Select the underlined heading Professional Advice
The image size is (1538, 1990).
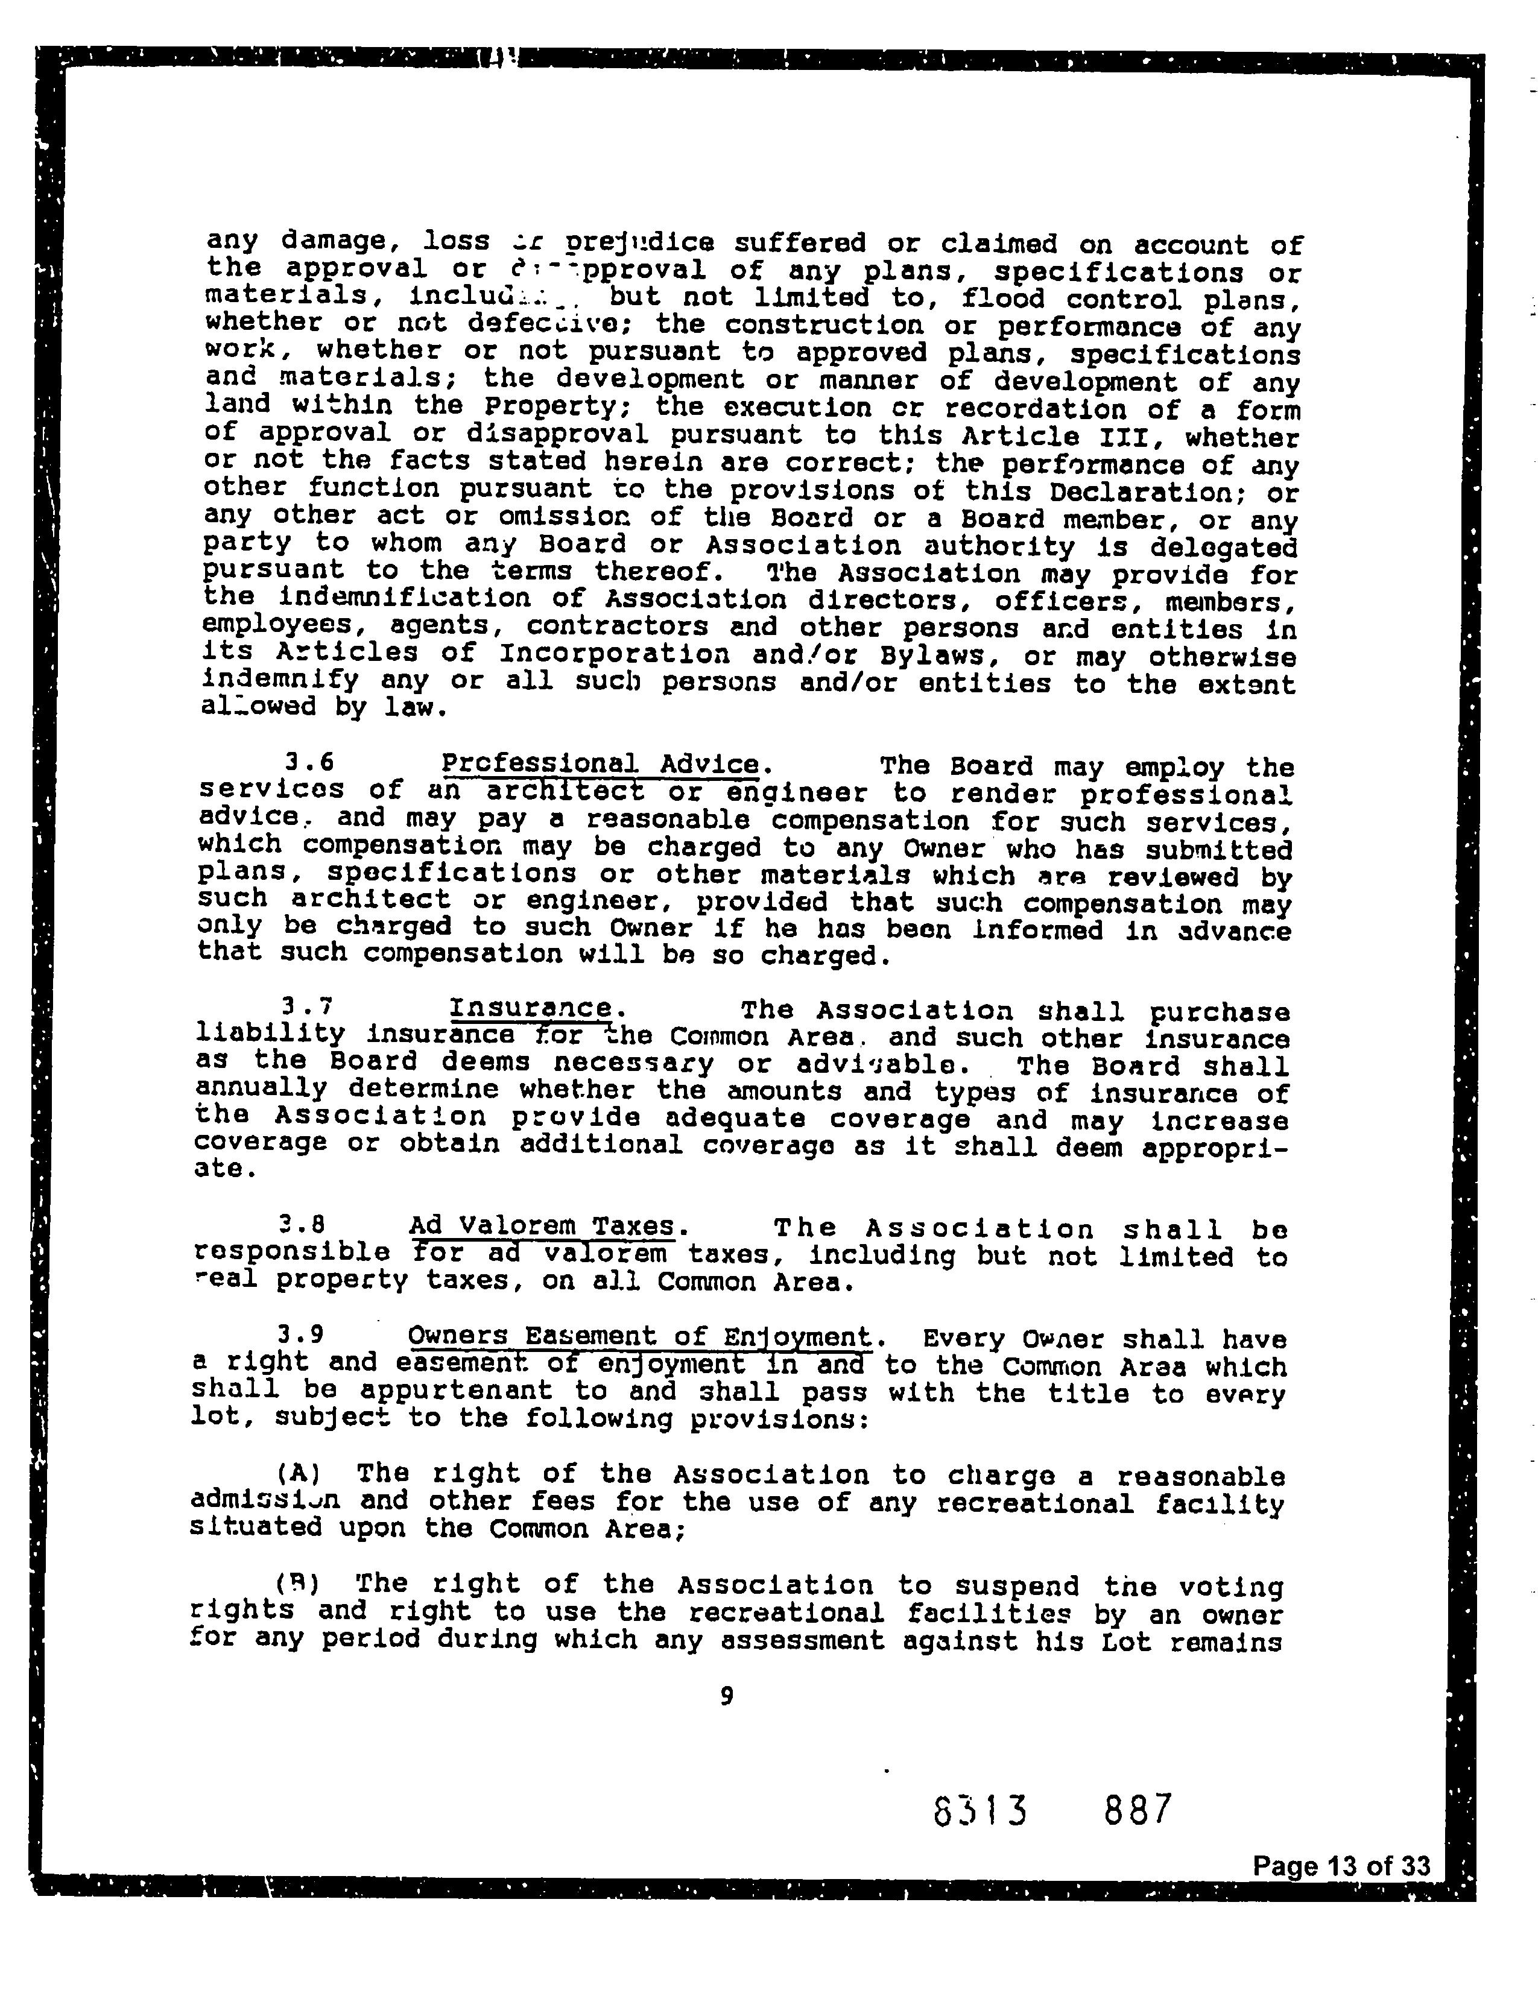pos(600,763)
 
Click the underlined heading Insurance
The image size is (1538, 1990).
pos(531,1008)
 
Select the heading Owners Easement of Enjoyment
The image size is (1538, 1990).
pos(639,1337)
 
